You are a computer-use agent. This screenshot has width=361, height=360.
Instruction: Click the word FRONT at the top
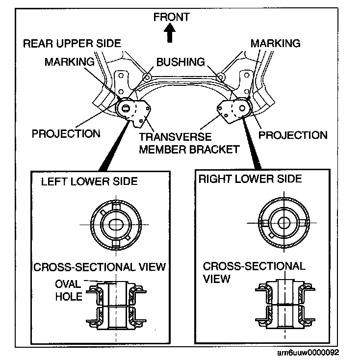[171, 17]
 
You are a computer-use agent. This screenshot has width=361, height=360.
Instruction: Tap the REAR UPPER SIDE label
[72, 44]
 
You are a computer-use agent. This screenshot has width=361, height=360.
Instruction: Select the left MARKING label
[69, 62]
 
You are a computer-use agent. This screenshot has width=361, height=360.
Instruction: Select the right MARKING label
[275, 44]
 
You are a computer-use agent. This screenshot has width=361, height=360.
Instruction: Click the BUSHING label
[180, 62]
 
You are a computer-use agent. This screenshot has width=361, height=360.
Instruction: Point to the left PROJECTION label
[66, 133]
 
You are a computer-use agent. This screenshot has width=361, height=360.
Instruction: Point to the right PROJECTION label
[293, 135]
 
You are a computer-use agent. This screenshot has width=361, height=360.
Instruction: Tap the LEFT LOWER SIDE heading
[89, 181]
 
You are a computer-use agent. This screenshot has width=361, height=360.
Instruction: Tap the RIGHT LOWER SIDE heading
[250, 178]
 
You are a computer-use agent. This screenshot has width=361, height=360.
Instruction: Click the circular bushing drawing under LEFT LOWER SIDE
[116, 223]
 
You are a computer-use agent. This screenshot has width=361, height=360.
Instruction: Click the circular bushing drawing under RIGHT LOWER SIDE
[283, 222]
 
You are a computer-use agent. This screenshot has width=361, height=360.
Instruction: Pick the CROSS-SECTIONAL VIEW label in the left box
[99, 267]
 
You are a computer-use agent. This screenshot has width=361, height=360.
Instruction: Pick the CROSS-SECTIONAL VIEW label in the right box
[254, 272]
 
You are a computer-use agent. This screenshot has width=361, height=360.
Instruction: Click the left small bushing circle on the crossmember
[147, 77]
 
